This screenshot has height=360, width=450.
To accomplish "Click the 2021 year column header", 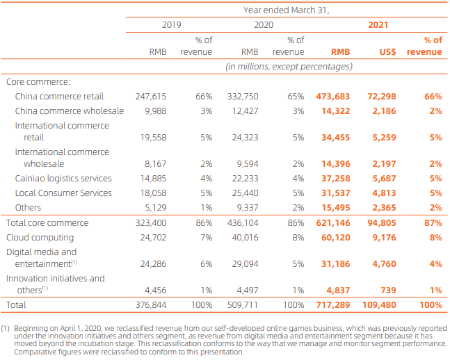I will click(x=378, y=25).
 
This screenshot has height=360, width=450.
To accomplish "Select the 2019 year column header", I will click(x=171, y=25).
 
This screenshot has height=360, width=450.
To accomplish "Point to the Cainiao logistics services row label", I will click(x=63, y=178).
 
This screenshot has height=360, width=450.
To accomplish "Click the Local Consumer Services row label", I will click(x=63, y=193).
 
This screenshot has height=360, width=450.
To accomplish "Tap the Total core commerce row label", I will click(x=47, y=223).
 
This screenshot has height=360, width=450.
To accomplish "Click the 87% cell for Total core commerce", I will click(x=433, y=223).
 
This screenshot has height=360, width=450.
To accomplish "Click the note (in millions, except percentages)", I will click(x=288, y=67).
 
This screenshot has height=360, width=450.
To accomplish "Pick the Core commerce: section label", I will click(x=38, y=82).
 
